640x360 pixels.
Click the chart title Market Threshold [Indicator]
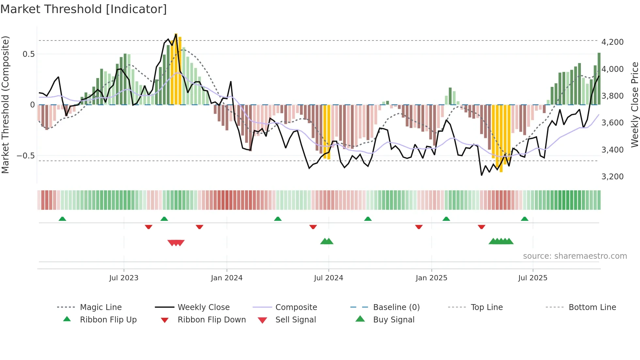[x=84, y=9]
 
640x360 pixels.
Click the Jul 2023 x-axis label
[x=124, y=278]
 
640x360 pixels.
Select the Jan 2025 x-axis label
[x=431, y=278]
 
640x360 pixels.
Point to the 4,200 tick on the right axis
[x=612, y=42]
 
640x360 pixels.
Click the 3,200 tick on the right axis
[x=612, y=176]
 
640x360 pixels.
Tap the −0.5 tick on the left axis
[x=26, y=155]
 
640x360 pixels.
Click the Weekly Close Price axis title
[x=634, y=105]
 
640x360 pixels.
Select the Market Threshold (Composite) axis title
[x=5, y=105]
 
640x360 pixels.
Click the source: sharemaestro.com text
[x=575, y=256]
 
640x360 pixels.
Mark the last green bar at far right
[x=599, y=78]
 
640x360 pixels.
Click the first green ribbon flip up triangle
[x=62, y=219]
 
